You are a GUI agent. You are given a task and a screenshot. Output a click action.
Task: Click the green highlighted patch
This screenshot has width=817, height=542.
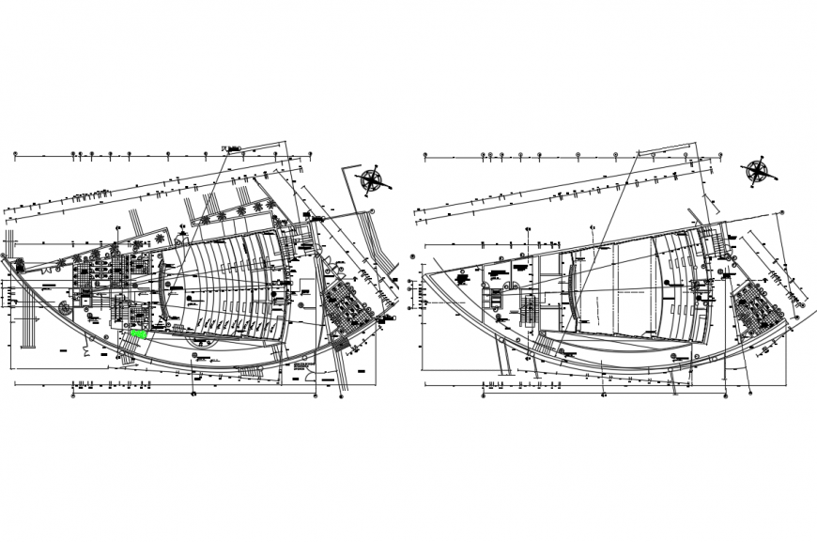tap(139, 333)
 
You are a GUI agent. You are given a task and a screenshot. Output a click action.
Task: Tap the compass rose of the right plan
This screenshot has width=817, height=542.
tap(757, 170)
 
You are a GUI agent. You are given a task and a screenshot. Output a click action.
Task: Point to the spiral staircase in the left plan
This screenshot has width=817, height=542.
tap(64, 307)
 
